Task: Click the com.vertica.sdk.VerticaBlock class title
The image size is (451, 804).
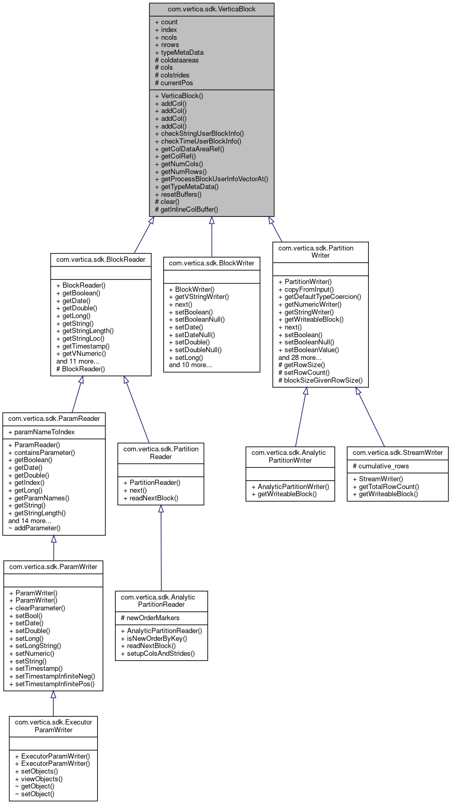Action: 211,9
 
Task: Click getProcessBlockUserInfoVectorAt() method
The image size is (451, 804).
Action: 211,179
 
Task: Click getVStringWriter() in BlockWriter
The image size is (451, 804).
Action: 198,296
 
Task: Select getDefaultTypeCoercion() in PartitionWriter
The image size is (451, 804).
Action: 319,296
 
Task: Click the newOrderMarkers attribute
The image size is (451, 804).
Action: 150,618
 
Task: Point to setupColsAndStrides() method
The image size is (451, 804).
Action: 158,653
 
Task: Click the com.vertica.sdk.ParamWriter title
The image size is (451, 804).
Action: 53,566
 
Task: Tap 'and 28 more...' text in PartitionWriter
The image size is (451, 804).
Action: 300,357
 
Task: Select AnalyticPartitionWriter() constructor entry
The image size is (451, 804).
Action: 290,486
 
